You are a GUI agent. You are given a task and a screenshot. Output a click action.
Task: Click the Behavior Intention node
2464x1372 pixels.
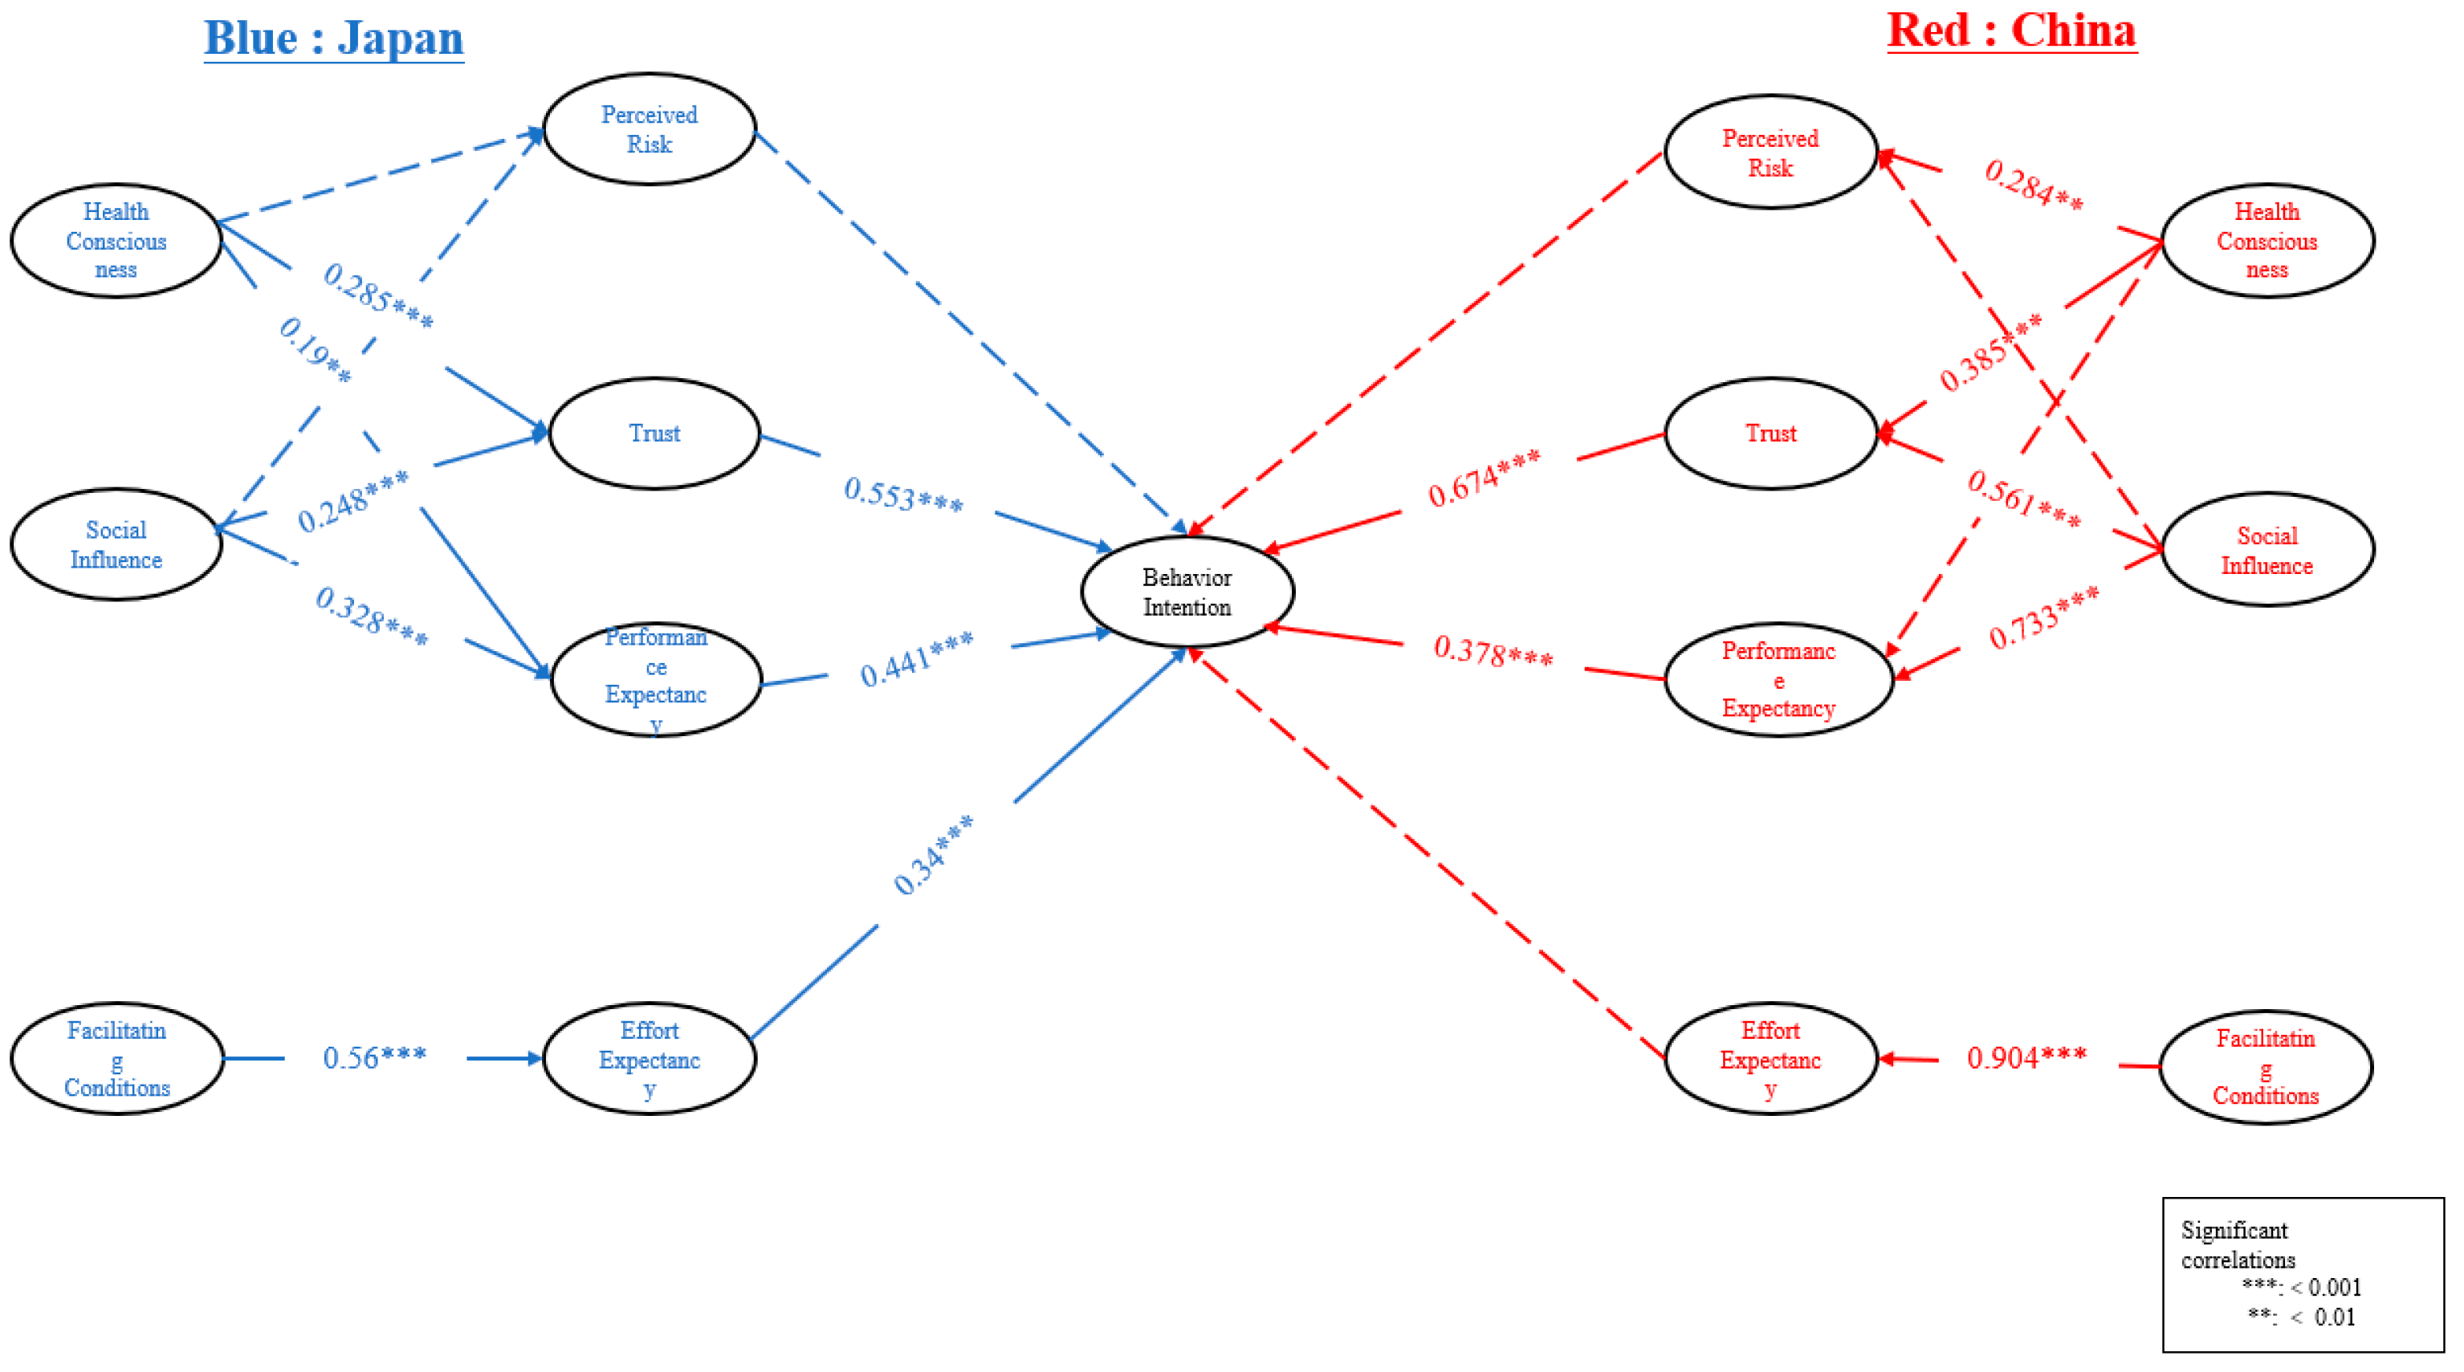(x=1187, y=592)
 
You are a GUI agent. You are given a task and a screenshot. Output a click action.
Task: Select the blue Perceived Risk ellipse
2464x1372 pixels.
(x=650, y=129)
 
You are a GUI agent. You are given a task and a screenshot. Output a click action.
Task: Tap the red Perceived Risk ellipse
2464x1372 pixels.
(x=1770, y=152)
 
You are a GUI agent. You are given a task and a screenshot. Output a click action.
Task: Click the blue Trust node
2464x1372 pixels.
(x=654, y=434)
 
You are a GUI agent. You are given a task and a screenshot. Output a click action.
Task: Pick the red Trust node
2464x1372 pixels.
(x=1770, y=434)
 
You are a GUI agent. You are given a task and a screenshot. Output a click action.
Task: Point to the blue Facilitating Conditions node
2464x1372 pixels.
(x=116, y=1058)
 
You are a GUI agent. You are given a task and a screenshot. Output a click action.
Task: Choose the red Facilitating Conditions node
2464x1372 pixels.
(x=2265, y=1067)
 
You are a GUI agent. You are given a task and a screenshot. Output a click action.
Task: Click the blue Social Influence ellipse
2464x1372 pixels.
(x=116, y=544)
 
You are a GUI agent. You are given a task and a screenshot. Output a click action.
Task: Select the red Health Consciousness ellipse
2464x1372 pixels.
(x=2267, y=240)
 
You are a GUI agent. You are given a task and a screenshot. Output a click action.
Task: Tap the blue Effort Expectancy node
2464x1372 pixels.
(x=650, y=1058)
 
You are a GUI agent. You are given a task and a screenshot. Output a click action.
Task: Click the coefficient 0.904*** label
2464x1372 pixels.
(x=2026, y=1058)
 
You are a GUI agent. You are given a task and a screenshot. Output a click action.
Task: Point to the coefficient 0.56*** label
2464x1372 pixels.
(x=374, y=1058)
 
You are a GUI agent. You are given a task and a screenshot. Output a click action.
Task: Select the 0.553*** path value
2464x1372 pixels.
(x=903, y=495)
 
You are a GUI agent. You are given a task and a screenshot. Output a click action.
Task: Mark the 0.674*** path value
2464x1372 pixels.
(x=1484, y=478)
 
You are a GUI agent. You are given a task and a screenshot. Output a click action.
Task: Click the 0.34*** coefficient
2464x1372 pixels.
(x=933, y=855)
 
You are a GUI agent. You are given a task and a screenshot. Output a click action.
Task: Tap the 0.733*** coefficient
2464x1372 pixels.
(x=2043, y=618)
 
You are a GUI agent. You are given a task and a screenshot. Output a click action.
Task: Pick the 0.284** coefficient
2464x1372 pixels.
(x=2034, y=184)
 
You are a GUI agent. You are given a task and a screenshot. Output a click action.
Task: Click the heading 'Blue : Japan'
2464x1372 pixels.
(x=334, y=39)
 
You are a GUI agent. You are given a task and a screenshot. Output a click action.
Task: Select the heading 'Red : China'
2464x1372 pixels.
(x=2011, y=31)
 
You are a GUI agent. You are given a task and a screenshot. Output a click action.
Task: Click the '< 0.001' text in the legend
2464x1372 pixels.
(x=2325, y=1288)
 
